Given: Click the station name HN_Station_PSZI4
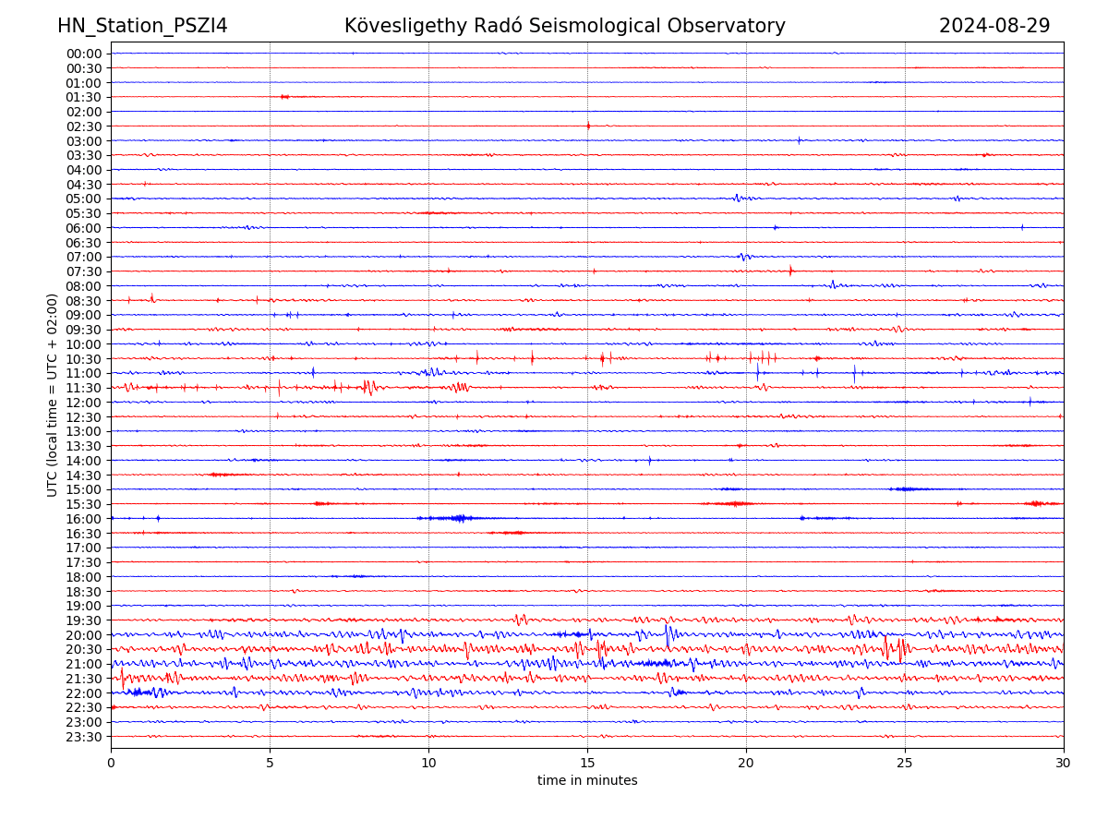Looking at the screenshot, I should pos(142,26).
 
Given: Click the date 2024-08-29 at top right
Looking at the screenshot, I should pos(994,26).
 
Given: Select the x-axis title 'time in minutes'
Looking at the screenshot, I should pos(587,780).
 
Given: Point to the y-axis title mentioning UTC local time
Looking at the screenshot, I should pos(53,394).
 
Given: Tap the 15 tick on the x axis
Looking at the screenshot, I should pos(587,763).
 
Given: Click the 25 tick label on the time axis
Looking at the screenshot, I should pos(905,763).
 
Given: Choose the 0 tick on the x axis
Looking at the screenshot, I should pos(111,763).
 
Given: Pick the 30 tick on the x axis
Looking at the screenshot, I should pos(1064,763).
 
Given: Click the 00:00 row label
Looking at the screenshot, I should pos(84,54).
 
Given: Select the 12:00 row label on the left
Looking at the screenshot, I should pos(84,403).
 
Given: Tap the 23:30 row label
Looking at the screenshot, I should pos(84,737).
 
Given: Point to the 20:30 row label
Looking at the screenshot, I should pos(84,649).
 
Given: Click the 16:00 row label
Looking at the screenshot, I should pos(84,519).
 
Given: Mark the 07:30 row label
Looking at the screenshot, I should pos(84,271).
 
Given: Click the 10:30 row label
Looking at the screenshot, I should pos(84,358).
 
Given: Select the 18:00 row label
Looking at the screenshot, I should pos(84,577).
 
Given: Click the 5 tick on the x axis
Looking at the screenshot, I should pos(270,763).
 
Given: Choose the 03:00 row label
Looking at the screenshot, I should pos(84,140).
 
